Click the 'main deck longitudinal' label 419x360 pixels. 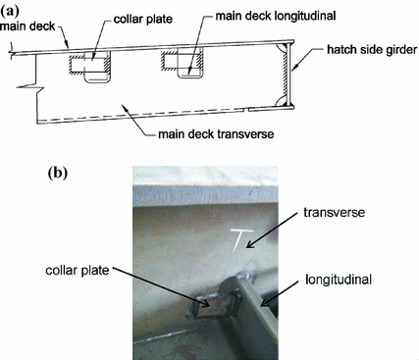pos(251,19)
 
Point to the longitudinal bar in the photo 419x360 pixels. pos(258,310)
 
